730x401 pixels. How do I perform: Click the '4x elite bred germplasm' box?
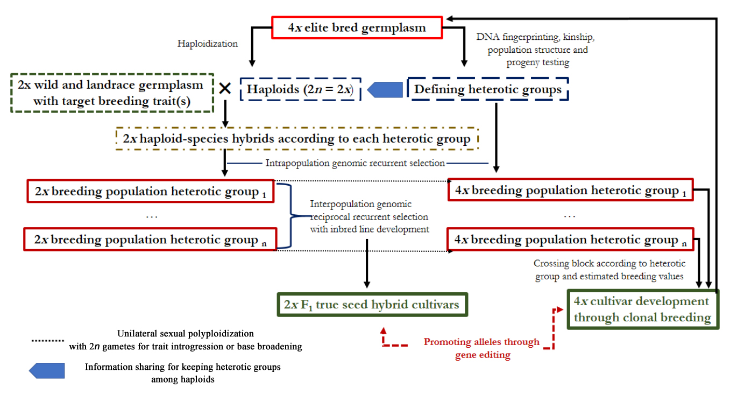[x=357, y=28]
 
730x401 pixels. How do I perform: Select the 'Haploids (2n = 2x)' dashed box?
[x=300, y=89]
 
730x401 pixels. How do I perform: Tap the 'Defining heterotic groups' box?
[x=487, y=89]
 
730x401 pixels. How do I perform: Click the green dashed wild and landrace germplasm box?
[x=111, y=93]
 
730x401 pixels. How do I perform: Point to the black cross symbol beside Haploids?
[x=225, y=89]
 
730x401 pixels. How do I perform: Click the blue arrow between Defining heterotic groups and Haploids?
[x=385, y=90]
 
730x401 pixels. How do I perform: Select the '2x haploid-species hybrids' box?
[x=297, y=139]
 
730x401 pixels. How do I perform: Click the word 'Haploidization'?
[x=208, y=44]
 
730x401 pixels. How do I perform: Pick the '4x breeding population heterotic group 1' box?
[x=570, y=191]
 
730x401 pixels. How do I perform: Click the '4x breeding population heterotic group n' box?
[x=570, y=240]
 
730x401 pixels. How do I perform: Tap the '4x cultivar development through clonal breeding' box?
[x=642, y=309]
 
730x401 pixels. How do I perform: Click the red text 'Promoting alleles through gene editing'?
[x=481, y=348]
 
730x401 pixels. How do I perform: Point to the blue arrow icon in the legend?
[x=47, y=371]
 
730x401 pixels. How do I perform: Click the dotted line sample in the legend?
[x=48, y=341]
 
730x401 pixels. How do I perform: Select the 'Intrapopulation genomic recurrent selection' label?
[x=356, y=163]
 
